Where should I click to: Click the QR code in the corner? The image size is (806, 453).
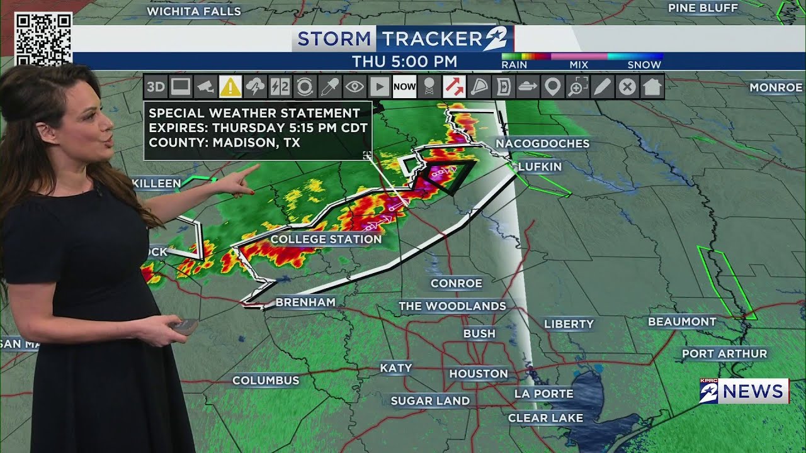click(43, 38)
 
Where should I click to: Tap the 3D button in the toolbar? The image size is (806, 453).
click(156, 87)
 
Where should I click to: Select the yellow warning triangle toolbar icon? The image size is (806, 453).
click(230, 87)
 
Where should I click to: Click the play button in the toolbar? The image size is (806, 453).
click(379, 87)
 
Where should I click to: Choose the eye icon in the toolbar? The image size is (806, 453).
click(355, 87)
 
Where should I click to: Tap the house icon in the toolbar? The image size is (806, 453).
click(652, 87)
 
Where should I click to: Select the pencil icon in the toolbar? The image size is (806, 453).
click(602, 87)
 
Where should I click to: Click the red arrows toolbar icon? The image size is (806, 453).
click(453, 87)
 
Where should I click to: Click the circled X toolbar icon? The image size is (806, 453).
click(627, 87)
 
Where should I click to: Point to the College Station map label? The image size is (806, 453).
click(326, 239)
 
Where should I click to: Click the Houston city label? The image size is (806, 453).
click(478, 374)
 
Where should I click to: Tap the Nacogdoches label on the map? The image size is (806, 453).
click(542, 143)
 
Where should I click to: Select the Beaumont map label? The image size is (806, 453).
click(682, 322)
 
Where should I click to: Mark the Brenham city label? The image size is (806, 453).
click(305, 303)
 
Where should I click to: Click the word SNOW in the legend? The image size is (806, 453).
click(644, 65)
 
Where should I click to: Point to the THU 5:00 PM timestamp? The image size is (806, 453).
click(404, 62)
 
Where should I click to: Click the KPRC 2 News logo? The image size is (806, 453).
click(744, 391)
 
